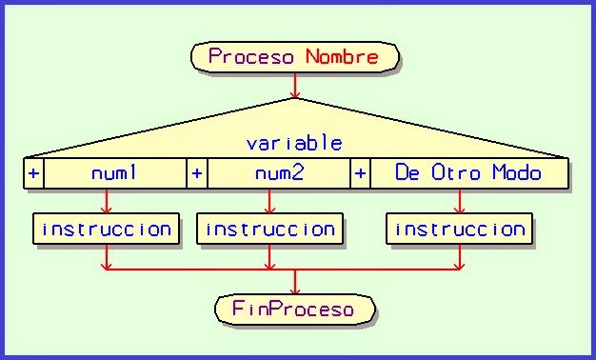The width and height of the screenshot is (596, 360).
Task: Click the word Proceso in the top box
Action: click(x=253, y=56)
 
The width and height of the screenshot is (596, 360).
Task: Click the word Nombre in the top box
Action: click(x=342, y=56)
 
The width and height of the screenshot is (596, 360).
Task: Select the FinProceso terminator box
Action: click(x=293, y=310)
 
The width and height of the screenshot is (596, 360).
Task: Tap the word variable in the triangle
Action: click(x=294, y=144)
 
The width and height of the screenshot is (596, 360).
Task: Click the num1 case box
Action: click(x=114, y=173)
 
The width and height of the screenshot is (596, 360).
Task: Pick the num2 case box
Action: click(x=278, y=173)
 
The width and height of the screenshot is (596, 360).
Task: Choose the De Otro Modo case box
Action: click(x=468, y=173)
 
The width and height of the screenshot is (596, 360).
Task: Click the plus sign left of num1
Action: click(x=33, y=173)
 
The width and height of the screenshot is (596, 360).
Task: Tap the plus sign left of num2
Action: click(x=197, y=173)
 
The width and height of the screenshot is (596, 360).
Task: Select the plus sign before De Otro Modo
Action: click(x=361, y=173)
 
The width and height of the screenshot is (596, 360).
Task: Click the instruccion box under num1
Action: click(x=106, y=230)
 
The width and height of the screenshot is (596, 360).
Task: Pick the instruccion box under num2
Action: click(x=269, y=230)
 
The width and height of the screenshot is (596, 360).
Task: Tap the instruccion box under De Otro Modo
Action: click(x=460, y=230)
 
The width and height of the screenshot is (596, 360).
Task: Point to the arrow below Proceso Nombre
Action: click(x=294, y=88)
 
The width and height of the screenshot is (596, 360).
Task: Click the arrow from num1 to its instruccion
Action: click(x=106, y=202)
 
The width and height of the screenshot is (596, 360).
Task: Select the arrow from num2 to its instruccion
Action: click(x=269, y=202)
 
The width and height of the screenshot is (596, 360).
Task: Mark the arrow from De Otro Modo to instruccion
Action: click(x=460, y=202)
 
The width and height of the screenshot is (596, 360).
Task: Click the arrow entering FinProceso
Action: click(x=294, y=284)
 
